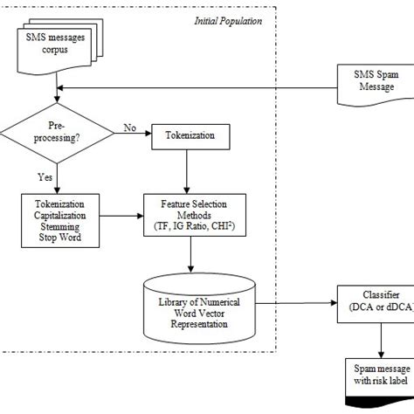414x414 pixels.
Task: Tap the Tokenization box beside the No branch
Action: click(x=184, y=135)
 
